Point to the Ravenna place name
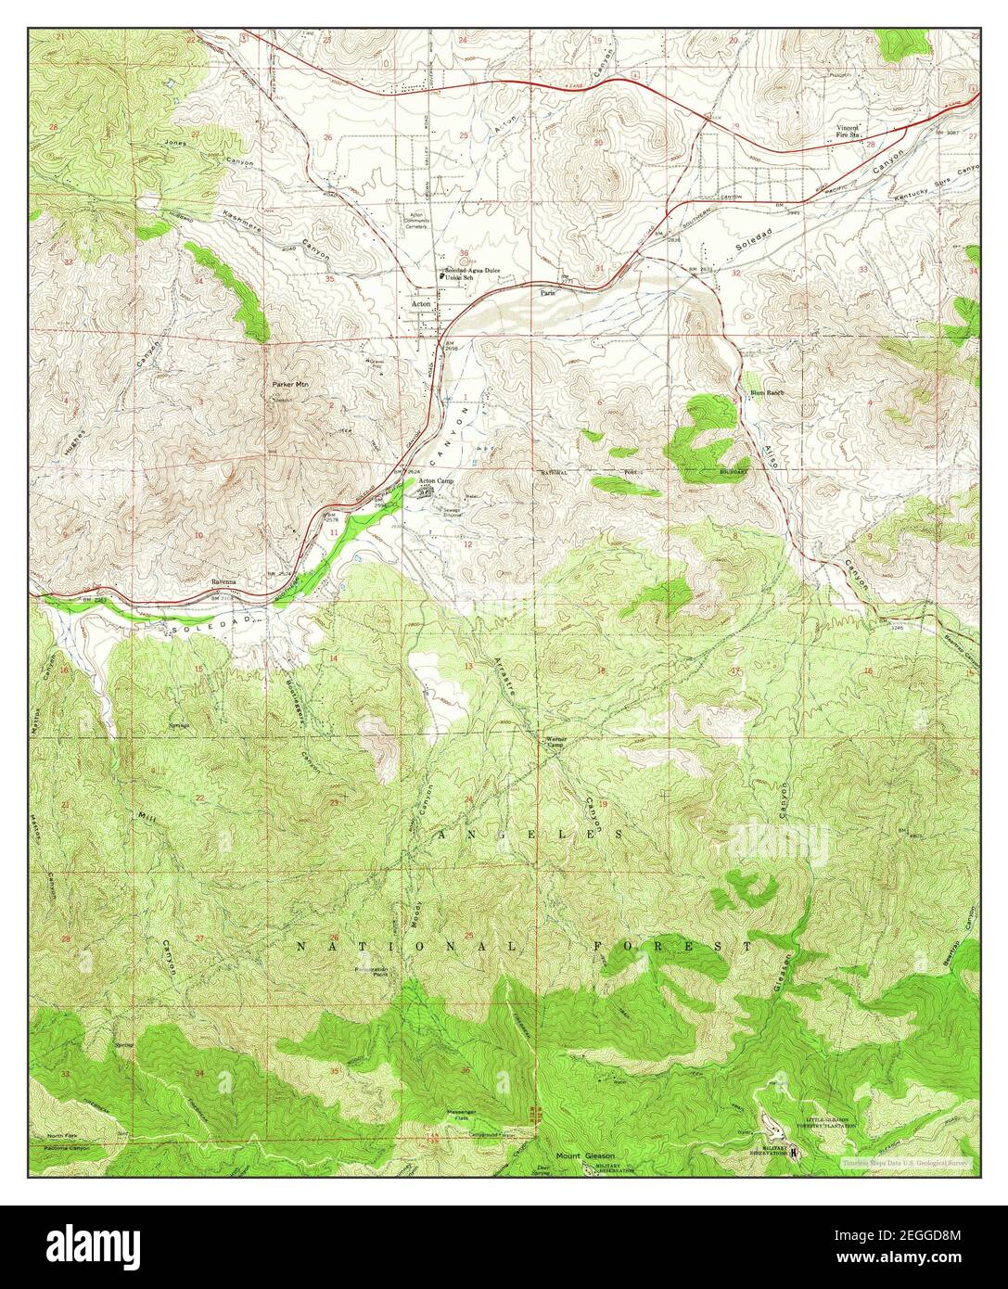(224, 581)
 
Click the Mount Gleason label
(585, 1155)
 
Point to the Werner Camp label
(555, 742)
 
